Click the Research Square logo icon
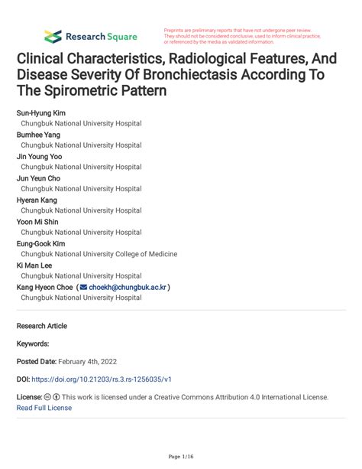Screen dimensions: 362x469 point(53,35)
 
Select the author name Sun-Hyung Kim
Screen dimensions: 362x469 point(41,113)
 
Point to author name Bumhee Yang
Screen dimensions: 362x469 point(38,135)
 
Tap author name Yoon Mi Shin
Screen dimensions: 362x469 point(38,221)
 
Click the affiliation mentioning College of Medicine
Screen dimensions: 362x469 point(99,253)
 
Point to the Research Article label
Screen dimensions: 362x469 point(42,326)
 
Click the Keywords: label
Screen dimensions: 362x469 point(33,344)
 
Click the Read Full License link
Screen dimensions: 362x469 point(44,408)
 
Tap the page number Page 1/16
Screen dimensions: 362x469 point(181,456)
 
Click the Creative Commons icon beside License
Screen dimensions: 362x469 point(47,398)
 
